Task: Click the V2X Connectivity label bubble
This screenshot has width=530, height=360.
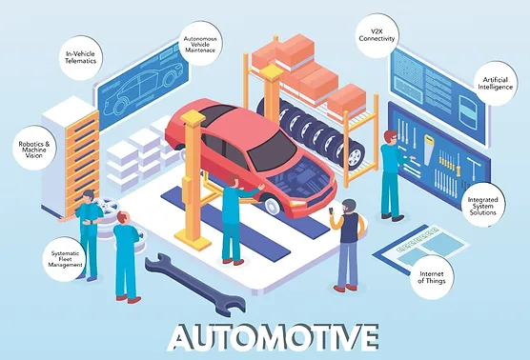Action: [377, 31]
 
